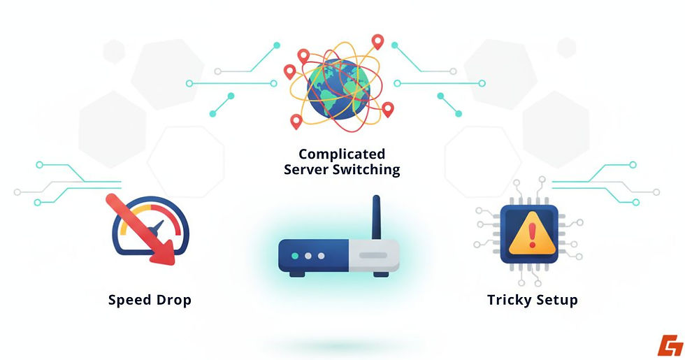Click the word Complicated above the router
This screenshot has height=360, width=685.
pos(342,154)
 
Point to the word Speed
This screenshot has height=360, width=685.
pos(130,301)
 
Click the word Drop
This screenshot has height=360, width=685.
pos(173,301)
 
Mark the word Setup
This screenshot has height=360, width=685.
pos(554,301)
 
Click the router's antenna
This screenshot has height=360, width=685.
pos(375,217)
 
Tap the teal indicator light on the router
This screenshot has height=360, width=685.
pos(295,256)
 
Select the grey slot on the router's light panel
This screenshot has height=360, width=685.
pos(373,256)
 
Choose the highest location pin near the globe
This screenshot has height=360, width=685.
pos(378,42)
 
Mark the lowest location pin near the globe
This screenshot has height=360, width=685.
pos(296,122)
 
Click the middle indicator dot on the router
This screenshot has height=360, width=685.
pos(308,256)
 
